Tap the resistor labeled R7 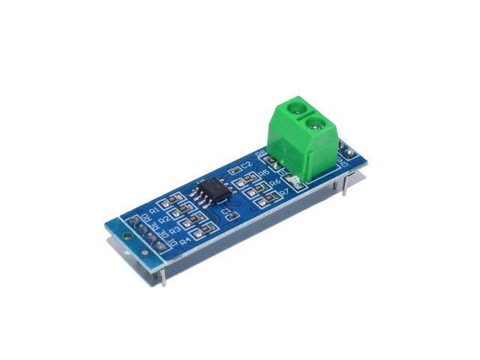point(263,199)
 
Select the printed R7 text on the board point(283,193)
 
